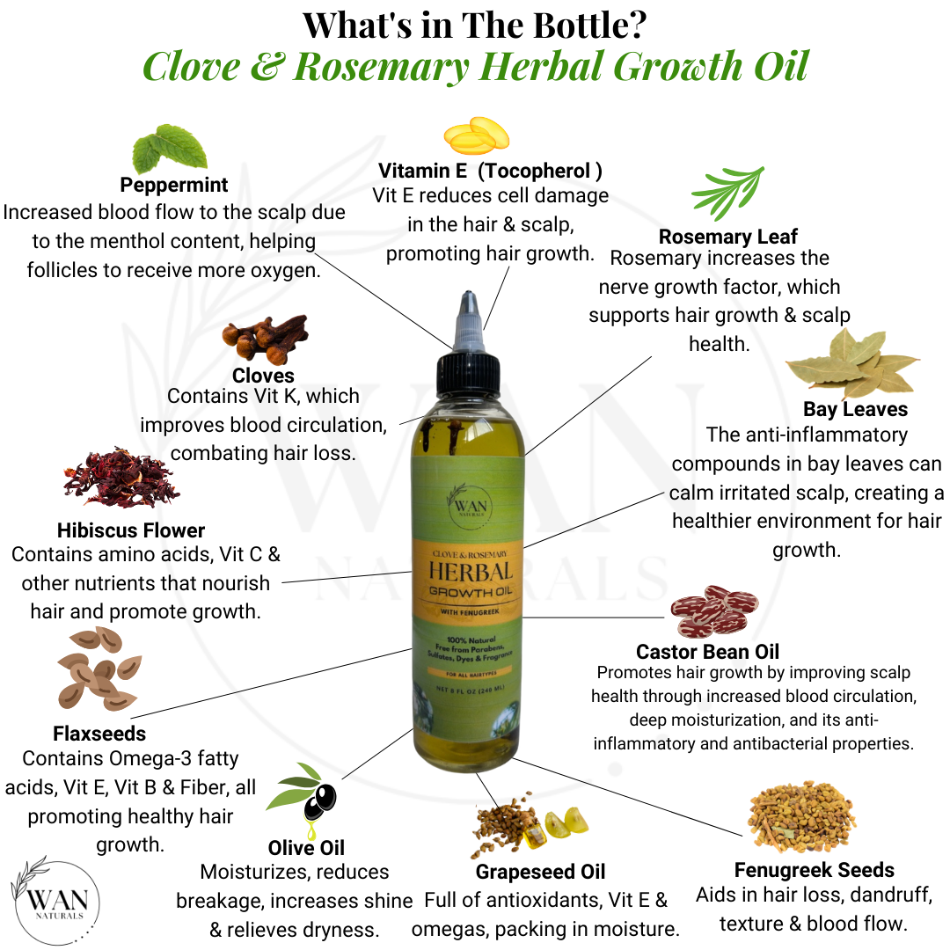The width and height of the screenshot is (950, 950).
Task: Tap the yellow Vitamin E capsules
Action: [x=476, y=135]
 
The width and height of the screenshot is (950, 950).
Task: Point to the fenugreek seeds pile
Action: [x=802, y=819]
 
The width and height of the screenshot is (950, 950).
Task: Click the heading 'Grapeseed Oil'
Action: [x=540, y=872]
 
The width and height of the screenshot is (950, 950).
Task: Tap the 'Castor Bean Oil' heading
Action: [x=707, y=652]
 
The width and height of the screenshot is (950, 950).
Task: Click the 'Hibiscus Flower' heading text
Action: [x=131, y=530]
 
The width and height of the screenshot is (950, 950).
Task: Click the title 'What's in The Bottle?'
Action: [x=475, y=26]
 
